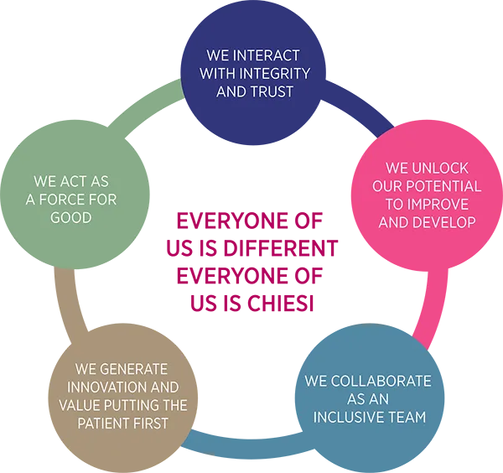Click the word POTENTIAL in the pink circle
point(449,186)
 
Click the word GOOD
point(71,218)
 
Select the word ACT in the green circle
point(77,181)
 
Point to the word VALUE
point(80,406)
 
